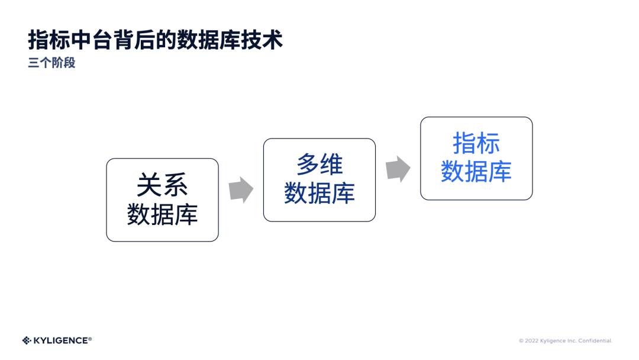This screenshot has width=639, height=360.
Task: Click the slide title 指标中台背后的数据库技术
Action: pos(155,40)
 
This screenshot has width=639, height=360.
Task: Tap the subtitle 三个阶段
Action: pos(52,63)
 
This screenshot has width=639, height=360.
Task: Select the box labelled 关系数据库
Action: pos(162,200)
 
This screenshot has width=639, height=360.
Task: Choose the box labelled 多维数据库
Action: pos(319,179)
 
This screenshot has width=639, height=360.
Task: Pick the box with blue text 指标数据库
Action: pos(476,158)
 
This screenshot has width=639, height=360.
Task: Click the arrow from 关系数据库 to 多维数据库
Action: pos(241,189)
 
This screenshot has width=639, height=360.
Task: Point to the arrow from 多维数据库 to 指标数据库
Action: pos(398,169)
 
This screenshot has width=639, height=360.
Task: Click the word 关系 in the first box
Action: pos(162,185)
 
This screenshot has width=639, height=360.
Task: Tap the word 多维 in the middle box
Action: pos(319,165)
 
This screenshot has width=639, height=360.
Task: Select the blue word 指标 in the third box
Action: pos(476,143)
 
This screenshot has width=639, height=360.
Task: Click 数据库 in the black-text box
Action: pos(162,214)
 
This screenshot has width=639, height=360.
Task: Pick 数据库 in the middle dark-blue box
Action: pos(319,194)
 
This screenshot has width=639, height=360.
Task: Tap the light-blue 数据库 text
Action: pos(476,172)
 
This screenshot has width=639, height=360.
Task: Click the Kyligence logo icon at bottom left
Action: pos(27,340)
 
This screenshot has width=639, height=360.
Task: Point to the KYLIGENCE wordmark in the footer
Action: pos(62,340)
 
